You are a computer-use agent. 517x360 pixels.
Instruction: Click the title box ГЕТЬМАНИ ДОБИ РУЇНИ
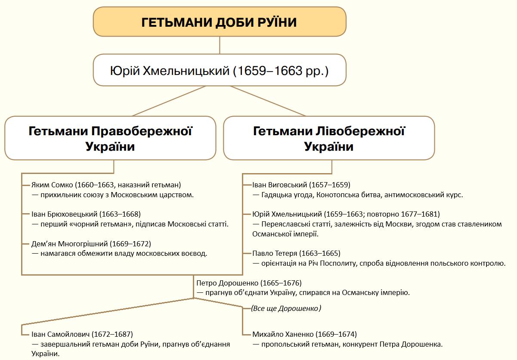tap(220, 22)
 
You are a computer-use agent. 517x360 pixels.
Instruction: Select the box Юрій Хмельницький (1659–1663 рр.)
tap(220, 70)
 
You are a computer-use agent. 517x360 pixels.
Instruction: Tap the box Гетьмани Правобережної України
tap(110, 138)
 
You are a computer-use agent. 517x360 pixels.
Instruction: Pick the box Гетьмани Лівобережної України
tap(329, 138)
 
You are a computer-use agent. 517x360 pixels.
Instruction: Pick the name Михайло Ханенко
tap(284, 334)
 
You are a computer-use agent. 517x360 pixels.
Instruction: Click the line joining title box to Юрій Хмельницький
tap(220, 45)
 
